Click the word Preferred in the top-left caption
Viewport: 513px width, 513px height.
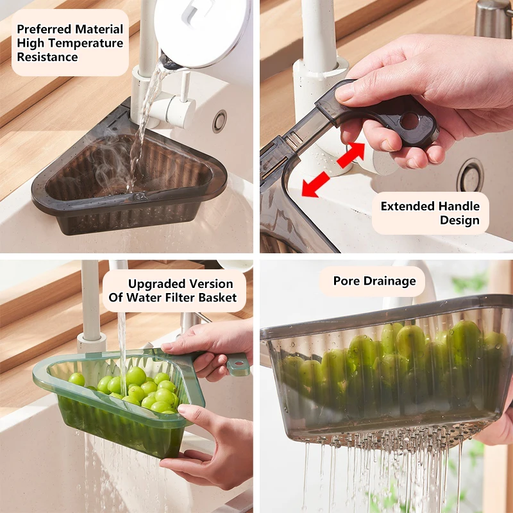tap(44, 29)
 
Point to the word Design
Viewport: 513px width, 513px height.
tap(459, 220)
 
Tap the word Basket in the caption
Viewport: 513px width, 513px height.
tap(218, 298)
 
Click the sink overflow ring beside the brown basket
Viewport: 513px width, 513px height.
tap(220, 120)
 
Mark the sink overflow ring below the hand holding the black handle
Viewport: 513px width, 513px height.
tap(470, 174)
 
